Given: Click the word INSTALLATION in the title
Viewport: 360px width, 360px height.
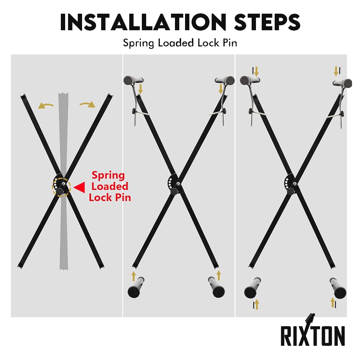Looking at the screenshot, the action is click(x=143, y=22).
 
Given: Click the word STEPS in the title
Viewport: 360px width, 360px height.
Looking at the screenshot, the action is click(x=267, y=22).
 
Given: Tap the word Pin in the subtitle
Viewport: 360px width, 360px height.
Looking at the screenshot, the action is click(x=230, y=43).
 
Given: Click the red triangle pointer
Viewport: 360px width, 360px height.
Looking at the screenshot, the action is click(x=79, y=188).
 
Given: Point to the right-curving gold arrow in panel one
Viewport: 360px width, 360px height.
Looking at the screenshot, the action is click(x=87, y=104).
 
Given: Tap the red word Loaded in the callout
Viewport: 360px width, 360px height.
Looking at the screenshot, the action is click(x=110, y=186).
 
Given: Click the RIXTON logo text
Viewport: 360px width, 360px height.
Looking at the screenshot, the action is click(x=313, y=336).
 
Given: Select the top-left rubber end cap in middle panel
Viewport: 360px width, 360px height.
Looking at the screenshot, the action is click(x=129, y=80).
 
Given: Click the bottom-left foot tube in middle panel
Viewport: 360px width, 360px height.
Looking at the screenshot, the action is click(x=136, y=287).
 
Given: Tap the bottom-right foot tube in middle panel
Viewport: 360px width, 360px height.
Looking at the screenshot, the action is click(x=216, y=287).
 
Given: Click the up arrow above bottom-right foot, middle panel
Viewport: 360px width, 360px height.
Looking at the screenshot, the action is click(x=219, y=275).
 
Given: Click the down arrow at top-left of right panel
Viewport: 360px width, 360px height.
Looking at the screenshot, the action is click(x=256, y=71).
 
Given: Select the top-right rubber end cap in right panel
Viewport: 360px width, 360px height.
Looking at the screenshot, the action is click(x=347, y=84).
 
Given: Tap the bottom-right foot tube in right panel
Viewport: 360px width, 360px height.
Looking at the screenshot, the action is click(x=338, y=288).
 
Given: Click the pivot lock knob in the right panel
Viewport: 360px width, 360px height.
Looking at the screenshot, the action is click(x=291, y=191).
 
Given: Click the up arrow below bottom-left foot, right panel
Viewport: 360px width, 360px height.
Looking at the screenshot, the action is click(x=257, y=305).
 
